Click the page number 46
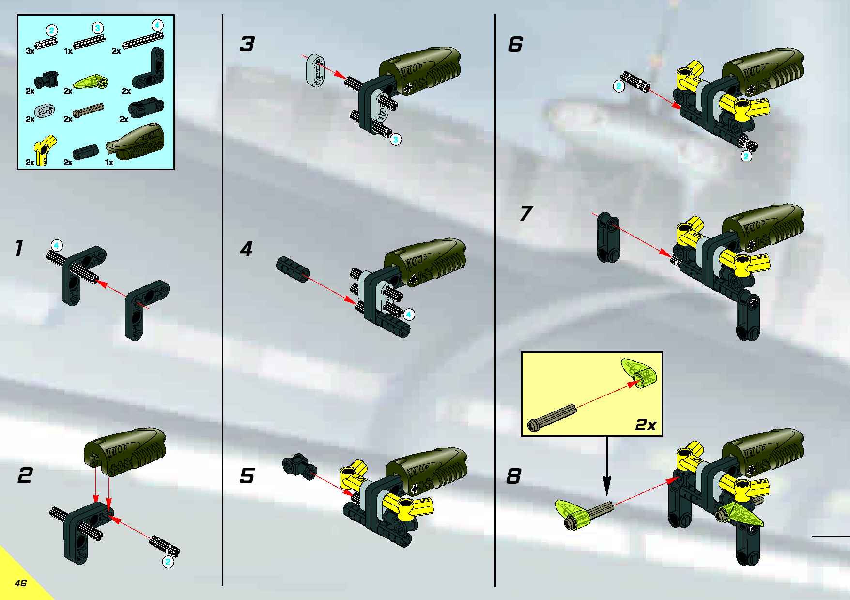point(21,583)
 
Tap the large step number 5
point(247,475)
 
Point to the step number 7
point(526,214)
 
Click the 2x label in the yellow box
point(645,425)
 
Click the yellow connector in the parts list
point(44,150)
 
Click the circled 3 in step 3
point(396,140)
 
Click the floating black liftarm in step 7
point(608,237)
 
